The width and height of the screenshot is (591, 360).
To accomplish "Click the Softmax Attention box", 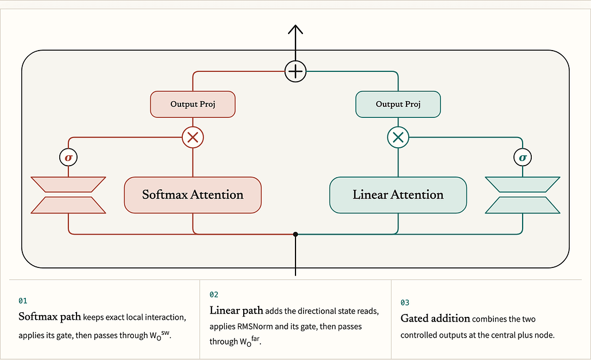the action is [193, 195].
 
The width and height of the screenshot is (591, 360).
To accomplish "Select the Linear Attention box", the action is [398, 195].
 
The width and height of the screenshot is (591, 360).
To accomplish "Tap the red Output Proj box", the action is [193, 105].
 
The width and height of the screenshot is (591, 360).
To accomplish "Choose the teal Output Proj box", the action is [398, 105].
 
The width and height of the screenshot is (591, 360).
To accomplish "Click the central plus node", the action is [295, 71].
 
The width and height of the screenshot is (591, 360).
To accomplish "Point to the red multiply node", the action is [193, 137].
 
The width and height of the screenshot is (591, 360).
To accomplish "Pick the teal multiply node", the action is [398, 137].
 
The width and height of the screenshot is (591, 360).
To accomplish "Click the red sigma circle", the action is [68, 157].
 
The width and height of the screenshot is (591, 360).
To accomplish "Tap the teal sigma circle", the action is [523, 157].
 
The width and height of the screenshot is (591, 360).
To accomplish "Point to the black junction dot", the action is [295, 235].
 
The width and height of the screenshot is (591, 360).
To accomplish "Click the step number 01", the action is [23, 301].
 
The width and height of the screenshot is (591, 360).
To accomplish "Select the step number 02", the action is [214, 294].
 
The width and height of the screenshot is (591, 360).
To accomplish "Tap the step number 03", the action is [405, 302].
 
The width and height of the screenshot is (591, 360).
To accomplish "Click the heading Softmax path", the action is [50, 317].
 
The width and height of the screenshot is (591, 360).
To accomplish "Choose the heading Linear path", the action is [236, 311].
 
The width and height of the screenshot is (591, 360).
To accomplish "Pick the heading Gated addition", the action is [435, 319].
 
